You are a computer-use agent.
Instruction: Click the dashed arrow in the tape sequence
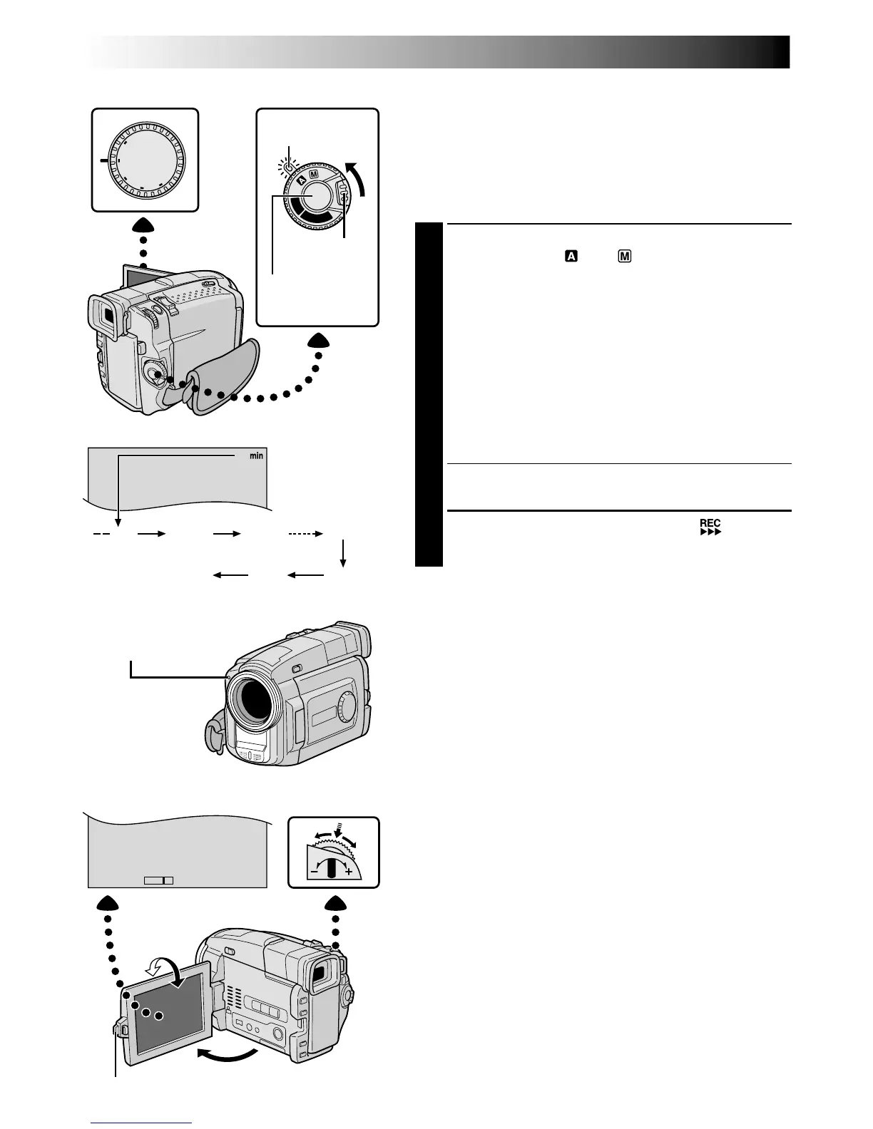click(x=305, y=533)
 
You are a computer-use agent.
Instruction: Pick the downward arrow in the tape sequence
click(x=344, y=554)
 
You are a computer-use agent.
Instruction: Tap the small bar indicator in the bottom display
click(x=158, y=880)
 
